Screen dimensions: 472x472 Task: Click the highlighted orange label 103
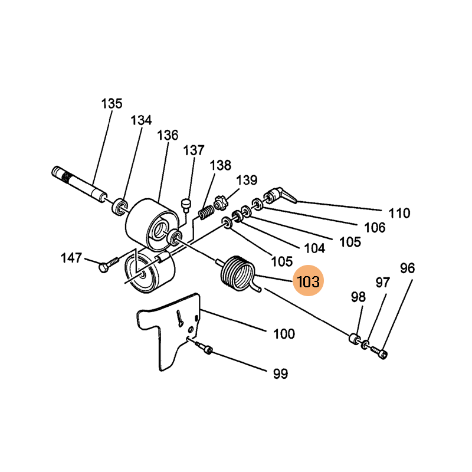point(309,281)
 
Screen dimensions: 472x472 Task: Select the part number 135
point(112,104)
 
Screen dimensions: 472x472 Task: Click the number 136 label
point(168,135)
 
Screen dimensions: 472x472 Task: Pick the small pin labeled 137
point(187,204)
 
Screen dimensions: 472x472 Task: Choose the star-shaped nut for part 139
point(221,204)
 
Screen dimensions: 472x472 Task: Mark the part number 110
point(399,213)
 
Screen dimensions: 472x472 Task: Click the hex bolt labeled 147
point(109,267)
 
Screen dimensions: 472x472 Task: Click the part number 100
point(284,335)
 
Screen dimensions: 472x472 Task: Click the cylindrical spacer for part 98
point(354,340)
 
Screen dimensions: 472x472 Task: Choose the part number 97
point(383,283)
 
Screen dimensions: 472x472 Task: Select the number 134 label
point(141,120)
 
